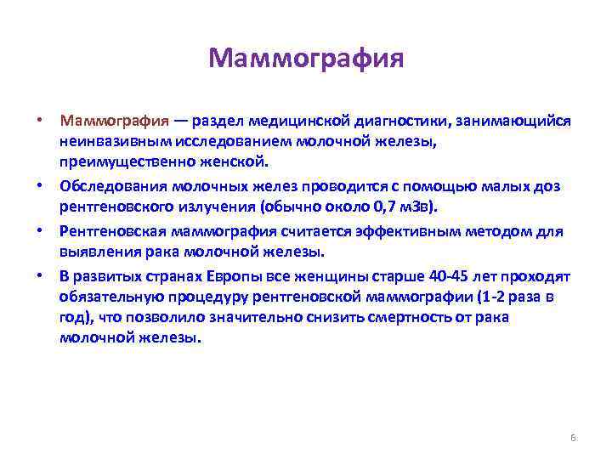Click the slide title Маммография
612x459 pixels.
[305, 59]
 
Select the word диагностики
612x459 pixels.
[401, 121]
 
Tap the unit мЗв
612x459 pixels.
[422, 206]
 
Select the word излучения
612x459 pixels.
[219, 206]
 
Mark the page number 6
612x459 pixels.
[573, 438]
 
